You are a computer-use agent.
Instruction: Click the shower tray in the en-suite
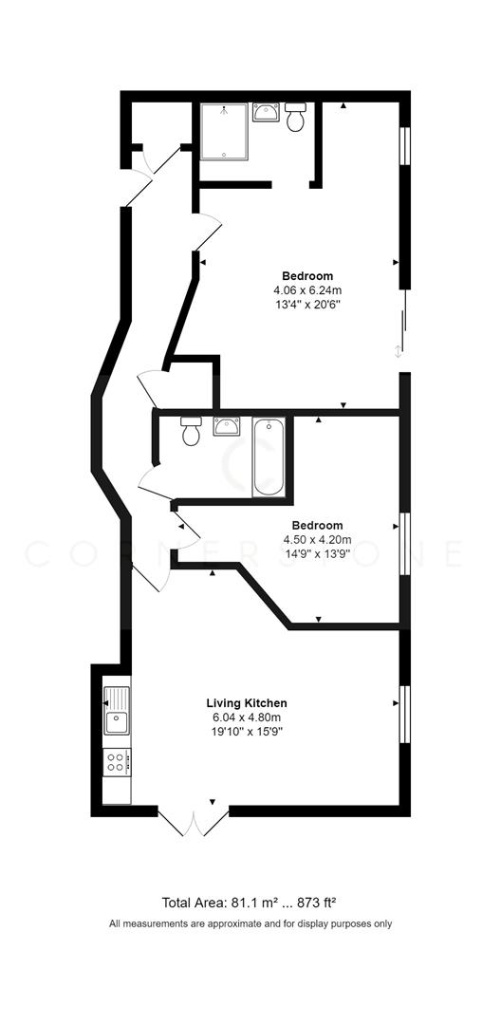[x=224, y=130]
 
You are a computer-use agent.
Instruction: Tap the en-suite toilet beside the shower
[x=295, y=118]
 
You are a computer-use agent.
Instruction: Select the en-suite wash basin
[x=265, y=114]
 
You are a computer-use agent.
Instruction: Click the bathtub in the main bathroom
[x=269, y=457]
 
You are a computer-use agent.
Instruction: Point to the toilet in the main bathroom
[x=191, y=431]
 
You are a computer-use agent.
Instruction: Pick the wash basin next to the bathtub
[x=227, y=425]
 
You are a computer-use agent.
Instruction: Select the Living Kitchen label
[x=247, y=703]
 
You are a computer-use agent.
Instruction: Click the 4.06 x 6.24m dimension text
[x=306, y=290]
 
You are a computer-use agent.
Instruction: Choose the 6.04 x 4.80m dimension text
[x=247, y=717]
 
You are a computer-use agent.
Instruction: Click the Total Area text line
[x=250, y=903]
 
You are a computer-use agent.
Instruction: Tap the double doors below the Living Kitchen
[x=194, y=823]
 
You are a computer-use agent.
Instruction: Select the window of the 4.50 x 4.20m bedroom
[x=404, y=544]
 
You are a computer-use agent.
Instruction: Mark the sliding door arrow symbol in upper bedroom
[x=399, y=352]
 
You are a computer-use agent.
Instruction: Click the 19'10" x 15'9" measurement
[x=247, y=732]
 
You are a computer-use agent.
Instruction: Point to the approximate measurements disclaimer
[x=250, y=923]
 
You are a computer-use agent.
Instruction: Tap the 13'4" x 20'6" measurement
[x=306, y=305]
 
